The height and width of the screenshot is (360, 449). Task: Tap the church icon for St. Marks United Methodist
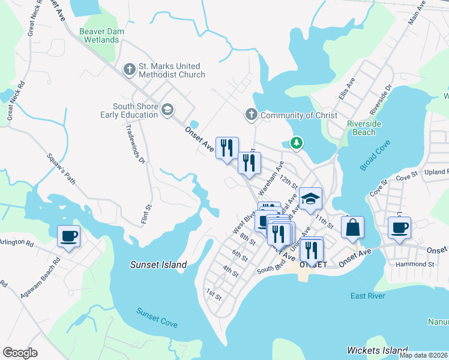click(129, 70)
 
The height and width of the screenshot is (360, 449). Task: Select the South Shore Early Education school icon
click(167, 109)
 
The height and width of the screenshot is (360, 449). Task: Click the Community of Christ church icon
click(252, 114)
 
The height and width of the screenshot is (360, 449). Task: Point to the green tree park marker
click(295, 143)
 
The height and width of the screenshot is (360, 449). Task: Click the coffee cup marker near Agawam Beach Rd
click(68, 235)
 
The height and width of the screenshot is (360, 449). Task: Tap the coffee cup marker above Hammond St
click(399, 227)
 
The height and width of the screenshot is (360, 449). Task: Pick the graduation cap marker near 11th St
click(311, 199)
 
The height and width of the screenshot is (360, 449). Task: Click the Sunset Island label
click(159, 265)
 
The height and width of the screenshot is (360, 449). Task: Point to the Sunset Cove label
click(157, 317)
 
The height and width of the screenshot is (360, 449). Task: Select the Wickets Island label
click(378, 350)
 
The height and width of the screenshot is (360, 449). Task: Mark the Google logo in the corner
click(20, 352)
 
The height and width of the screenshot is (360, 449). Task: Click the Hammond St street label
click(415, 264)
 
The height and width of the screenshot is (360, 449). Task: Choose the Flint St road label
click(145, 214)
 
